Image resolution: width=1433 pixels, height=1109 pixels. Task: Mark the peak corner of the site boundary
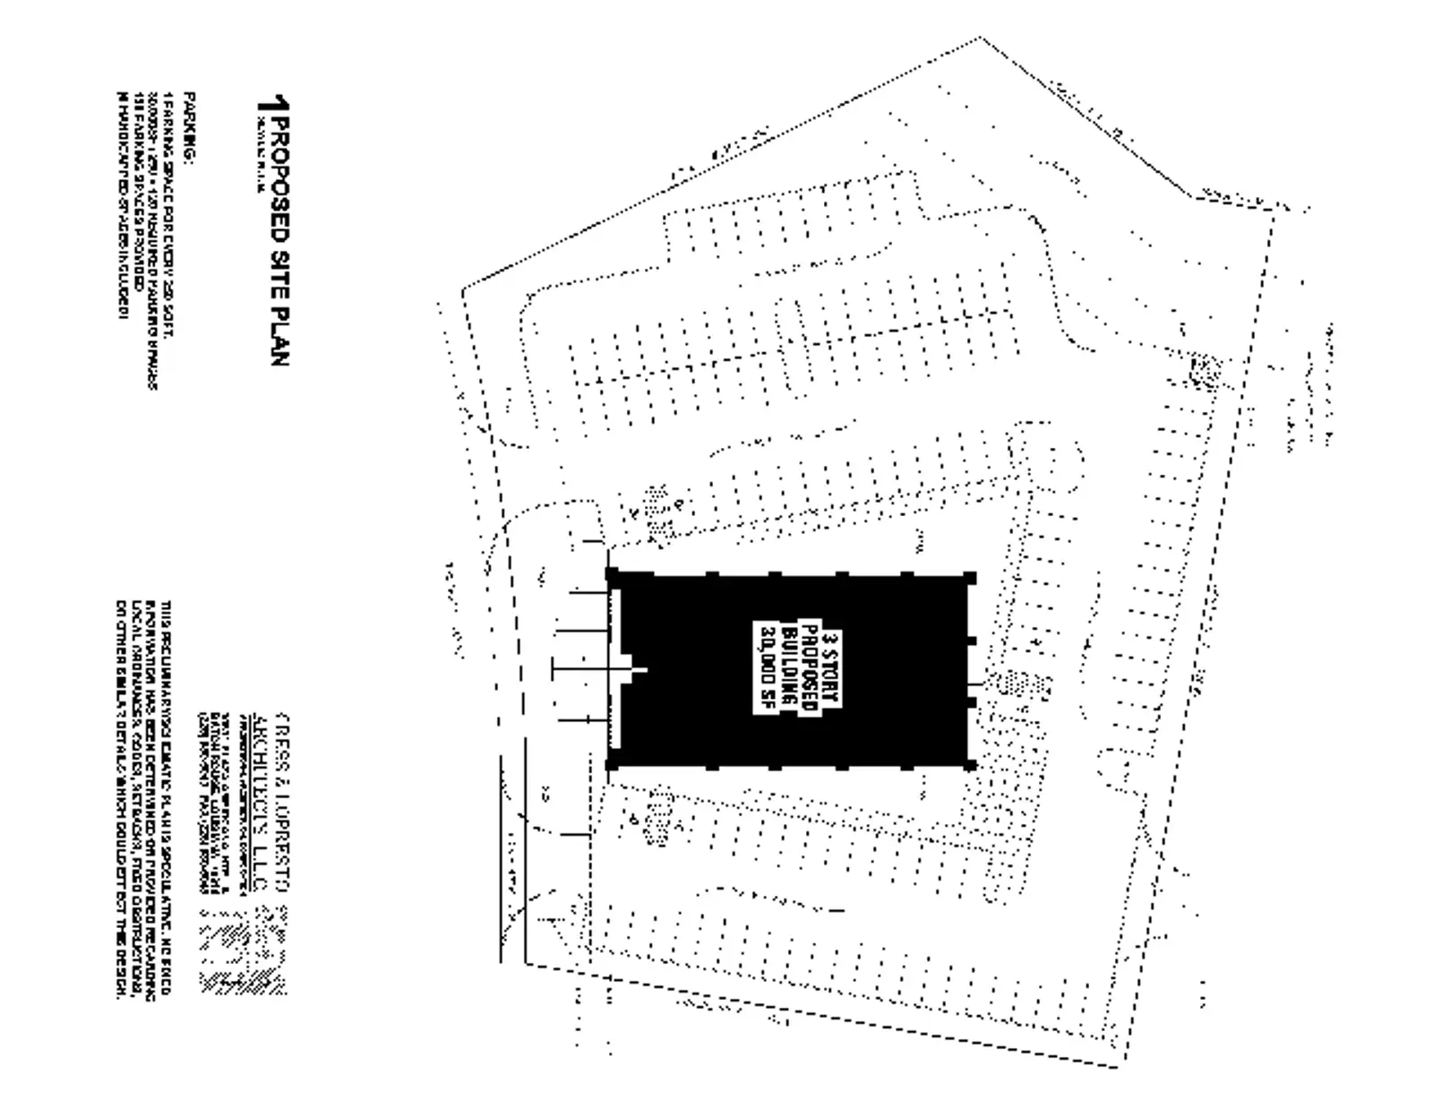click(x=980, y=38)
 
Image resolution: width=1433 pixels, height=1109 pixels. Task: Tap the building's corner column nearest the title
click(x=613, y=574)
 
